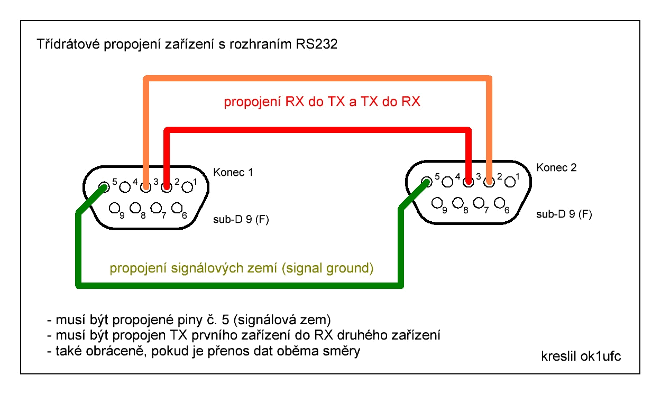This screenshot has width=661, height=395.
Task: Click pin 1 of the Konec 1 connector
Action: click(x=187, y=186)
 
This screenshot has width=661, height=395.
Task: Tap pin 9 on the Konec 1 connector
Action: click(x=114, y=208)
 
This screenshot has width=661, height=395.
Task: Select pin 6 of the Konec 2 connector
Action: click(x=499, y=203)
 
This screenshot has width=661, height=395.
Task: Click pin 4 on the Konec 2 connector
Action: click(x=447, y=183)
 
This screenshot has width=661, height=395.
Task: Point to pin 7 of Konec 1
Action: click(x=156, y=208)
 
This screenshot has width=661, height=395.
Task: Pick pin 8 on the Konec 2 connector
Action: click(x=458, y=203)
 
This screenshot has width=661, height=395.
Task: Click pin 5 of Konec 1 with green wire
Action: click(x=104, y=186)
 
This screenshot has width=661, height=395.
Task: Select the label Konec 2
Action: click(x=556, y=168)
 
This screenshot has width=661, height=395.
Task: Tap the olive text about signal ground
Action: click(x=242, y=268)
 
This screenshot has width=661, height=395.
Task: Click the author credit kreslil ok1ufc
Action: click(x=581, y=355)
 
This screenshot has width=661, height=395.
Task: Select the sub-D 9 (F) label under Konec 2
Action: click(x=564, y=214)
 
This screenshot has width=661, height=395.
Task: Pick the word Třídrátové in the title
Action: click(x=67, y=45)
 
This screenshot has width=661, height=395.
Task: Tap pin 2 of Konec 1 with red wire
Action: click(x=167, y=186)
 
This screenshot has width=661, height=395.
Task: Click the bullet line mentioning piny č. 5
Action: click(x=189, y=320)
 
